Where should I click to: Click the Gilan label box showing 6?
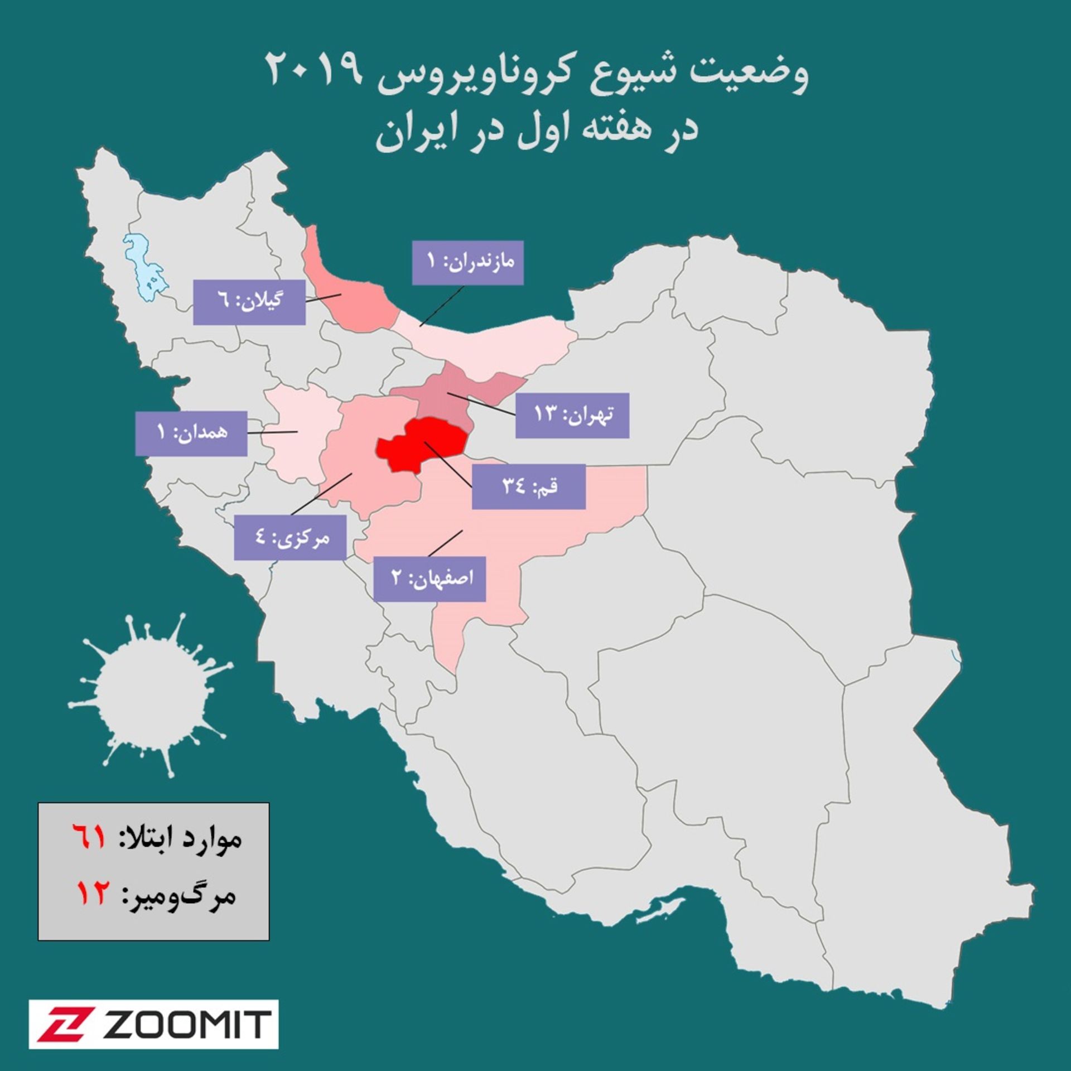(249, 302)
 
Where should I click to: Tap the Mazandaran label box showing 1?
(467, 263)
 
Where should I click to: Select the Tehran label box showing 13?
(572, 415)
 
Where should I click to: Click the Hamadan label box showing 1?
(191, 433)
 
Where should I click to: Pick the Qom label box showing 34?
(528, 486)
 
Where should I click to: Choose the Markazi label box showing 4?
(290, 537)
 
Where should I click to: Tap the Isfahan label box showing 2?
(430, 578)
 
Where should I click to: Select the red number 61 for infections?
(89, 838)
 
